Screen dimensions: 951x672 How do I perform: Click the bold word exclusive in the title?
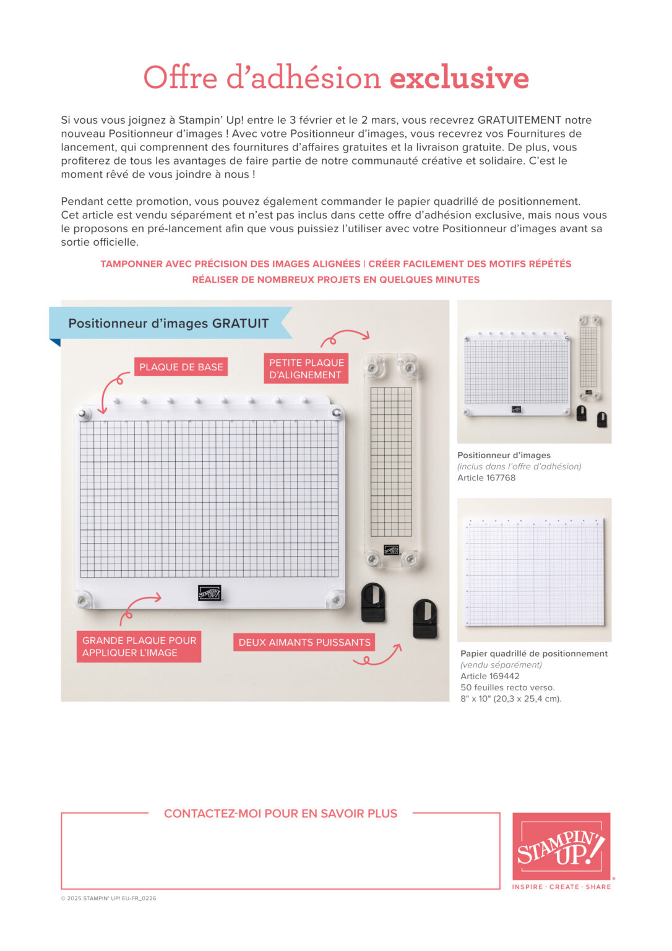click(459, 79)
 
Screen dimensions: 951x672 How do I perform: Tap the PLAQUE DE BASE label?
click(181, 367)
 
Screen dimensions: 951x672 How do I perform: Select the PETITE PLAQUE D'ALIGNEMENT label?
click(306, 369)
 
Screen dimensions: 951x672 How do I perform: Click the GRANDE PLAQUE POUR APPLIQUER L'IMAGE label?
click(139, 646)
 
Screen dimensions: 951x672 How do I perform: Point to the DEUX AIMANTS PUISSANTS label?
click(304, 643)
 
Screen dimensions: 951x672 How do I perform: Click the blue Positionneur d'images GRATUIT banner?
click(168, 323)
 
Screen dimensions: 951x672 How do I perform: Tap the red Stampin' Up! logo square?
click(561, 846)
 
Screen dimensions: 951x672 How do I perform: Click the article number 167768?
click(501, 478)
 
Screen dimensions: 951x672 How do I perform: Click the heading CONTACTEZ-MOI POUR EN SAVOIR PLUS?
click(280, 814)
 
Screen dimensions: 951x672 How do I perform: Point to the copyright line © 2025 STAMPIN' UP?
click(108, 898)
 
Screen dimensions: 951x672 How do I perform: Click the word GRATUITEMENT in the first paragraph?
click(519, 120)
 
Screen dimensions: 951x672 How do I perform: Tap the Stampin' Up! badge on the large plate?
click(209, 593)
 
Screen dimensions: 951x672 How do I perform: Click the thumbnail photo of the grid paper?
click(534, 570)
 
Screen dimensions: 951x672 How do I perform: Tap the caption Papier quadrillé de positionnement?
click(534, 654)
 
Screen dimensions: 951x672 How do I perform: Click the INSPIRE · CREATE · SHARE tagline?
click(561, 887)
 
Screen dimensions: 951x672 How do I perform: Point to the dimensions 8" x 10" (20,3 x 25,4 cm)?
click(510, 699)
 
